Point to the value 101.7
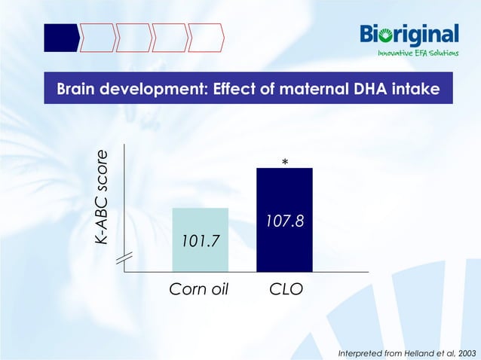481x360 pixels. click(200, 241)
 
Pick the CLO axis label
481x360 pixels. click(286, 288)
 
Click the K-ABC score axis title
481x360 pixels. click(101, 197)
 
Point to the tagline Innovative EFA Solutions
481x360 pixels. click(418, 53)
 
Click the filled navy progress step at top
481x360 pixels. click(60, 37)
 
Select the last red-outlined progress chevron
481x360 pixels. click(206, 37)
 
